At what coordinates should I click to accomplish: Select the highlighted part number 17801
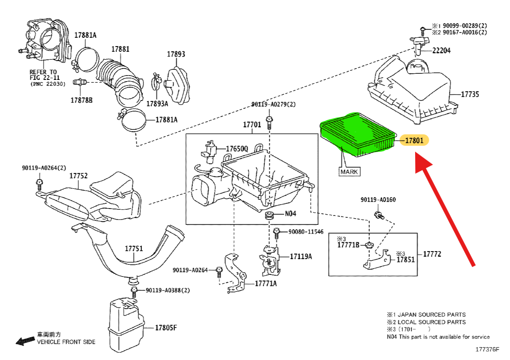click(414, 141)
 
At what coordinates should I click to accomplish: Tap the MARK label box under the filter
click(349, 172)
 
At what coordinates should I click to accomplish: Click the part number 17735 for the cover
click(470, 94)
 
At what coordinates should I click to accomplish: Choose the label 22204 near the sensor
click(441, 51)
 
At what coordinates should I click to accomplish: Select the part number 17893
click(176, 54)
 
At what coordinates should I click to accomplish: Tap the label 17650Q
click(237, 149)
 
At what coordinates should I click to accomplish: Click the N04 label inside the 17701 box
click(291, 214)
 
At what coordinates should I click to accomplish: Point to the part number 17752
click(78, 176)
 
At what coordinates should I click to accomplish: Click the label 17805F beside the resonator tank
click(166, 327)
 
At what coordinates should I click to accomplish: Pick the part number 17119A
click(300, 256)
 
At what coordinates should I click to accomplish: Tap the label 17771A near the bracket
click(266, 284)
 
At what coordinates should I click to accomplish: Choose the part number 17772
click(432, 254)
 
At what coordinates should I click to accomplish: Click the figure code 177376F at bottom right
click(487, 350)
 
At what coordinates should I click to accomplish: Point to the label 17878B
click(82, 100)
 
